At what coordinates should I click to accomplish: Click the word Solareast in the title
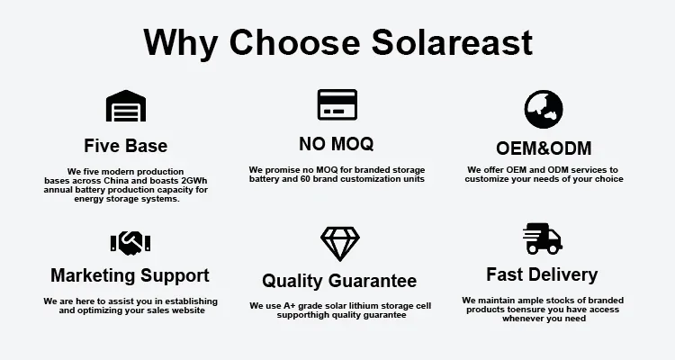[x=452, y=41]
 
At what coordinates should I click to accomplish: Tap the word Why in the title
[x=180, y=42]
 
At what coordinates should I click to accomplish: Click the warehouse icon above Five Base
[x=126, y=106]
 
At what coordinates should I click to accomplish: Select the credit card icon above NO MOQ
[x=337, y=104]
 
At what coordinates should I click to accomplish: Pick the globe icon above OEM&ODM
[x=544, y=110]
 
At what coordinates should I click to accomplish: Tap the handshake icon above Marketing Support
[x=130, y=243]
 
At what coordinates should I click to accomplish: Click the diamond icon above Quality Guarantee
[x=340, y=244]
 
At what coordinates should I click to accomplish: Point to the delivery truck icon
[x=543, y=238]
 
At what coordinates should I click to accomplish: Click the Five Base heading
[x=126, y=146]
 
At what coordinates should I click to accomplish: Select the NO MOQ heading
[x=337, y=144]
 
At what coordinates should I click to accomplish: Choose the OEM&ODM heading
[x=544, y=148]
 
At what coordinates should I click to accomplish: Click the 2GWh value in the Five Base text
[x=194, y=180]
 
